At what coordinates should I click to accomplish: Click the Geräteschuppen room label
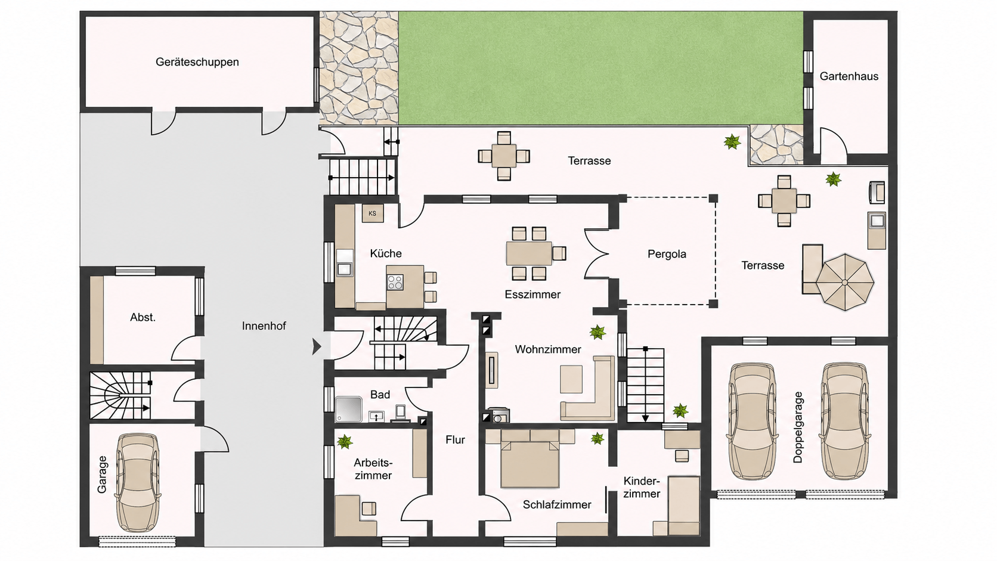pos(197,62)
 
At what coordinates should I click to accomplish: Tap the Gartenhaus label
pos(849,76)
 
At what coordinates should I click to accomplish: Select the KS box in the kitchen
pos(373,213)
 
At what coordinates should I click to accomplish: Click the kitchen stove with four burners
pos(395,283)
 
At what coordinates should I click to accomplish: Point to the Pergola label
pos(667,254)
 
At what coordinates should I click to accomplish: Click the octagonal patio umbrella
pos(845,282)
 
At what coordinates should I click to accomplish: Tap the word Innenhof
pos(264,326)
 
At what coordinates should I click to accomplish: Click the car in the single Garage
pos(138,483)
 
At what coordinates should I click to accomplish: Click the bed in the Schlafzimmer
pos(530,458)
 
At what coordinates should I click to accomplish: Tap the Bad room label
pos(380,395)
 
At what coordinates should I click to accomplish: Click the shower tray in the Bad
pos(348,410)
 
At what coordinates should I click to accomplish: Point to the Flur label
pos(455,440)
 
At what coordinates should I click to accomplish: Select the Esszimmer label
pos(532,295)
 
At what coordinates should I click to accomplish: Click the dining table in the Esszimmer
pos(530,253)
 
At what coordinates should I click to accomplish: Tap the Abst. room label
pos(143,318)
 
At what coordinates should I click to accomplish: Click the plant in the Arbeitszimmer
pos(345,442)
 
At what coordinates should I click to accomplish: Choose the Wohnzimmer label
pos(548,350)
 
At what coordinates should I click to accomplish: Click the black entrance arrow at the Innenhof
pos(317,346)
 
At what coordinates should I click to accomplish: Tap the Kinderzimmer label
pos(642,488)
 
